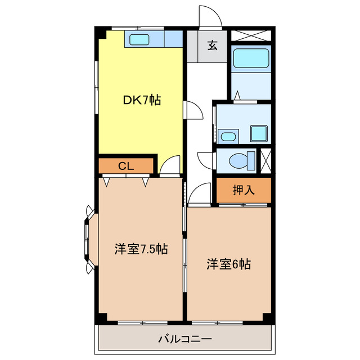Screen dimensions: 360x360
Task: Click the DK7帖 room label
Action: (142, 101)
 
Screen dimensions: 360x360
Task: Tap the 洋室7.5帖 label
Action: (141, 249)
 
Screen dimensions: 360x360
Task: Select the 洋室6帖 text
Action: (228, 263)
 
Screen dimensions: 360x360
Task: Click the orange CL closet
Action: (126, 166)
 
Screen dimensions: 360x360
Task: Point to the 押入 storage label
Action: (244, 190)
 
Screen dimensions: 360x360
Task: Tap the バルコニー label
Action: (184, 339)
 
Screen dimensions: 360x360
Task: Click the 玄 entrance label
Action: (212, 46)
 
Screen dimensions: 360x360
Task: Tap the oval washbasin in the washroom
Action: (227, 136)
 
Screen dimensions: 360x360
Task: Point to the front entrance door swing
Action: (210, 17)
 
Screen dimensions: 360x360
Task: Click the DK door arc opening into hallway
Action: (193, 110)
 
